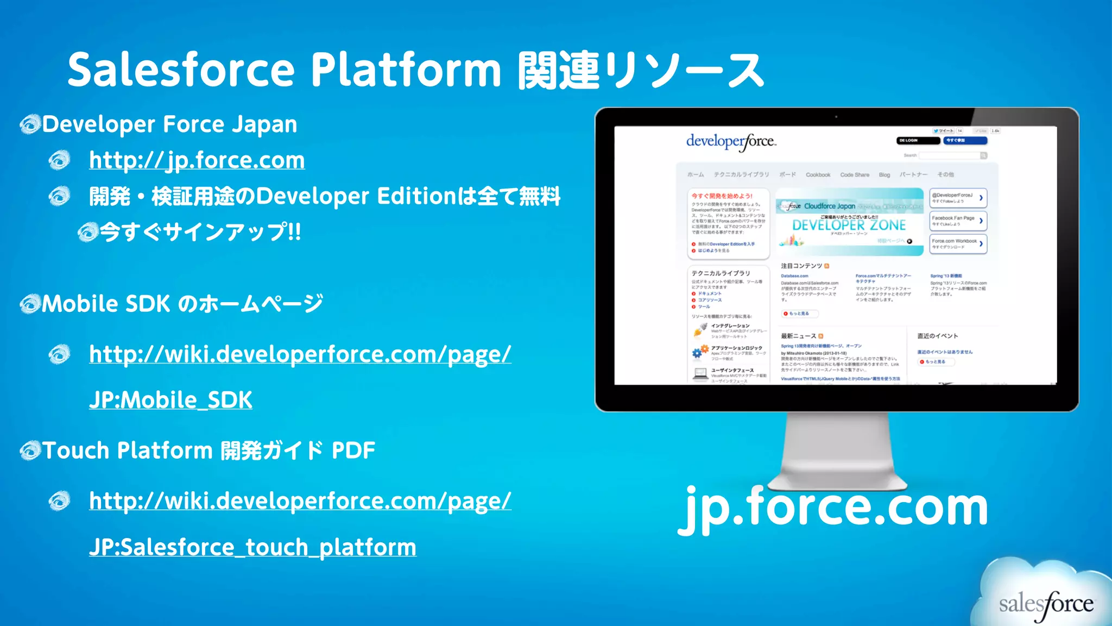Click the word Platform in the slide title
pos(406,71)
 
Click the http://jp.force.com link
pos(197,160)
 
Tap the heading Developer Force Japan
pos(169,124)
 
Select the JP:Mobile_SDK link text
pos(170,400)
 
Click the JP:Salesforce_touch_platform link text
pos(252,547)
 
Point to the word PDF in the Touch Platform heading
pos(353,450)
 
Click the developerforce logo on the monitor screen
pos(731,141)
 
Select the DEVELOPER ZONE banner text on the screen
pos(849,225)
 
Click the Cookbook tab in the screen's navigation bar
pos(818,175)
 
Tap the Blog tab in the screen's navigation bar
pos(884,175)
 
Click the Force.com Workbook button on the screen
pos(958,243)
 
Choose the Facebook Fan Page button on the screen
pos(958,221)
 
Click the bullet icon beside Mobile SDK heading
pos(30,304)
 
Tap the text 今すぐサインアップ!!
pos(200,233)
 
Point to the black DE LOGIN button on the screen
pos(918,141)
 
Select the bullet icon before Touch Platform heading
pos(30,450)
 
